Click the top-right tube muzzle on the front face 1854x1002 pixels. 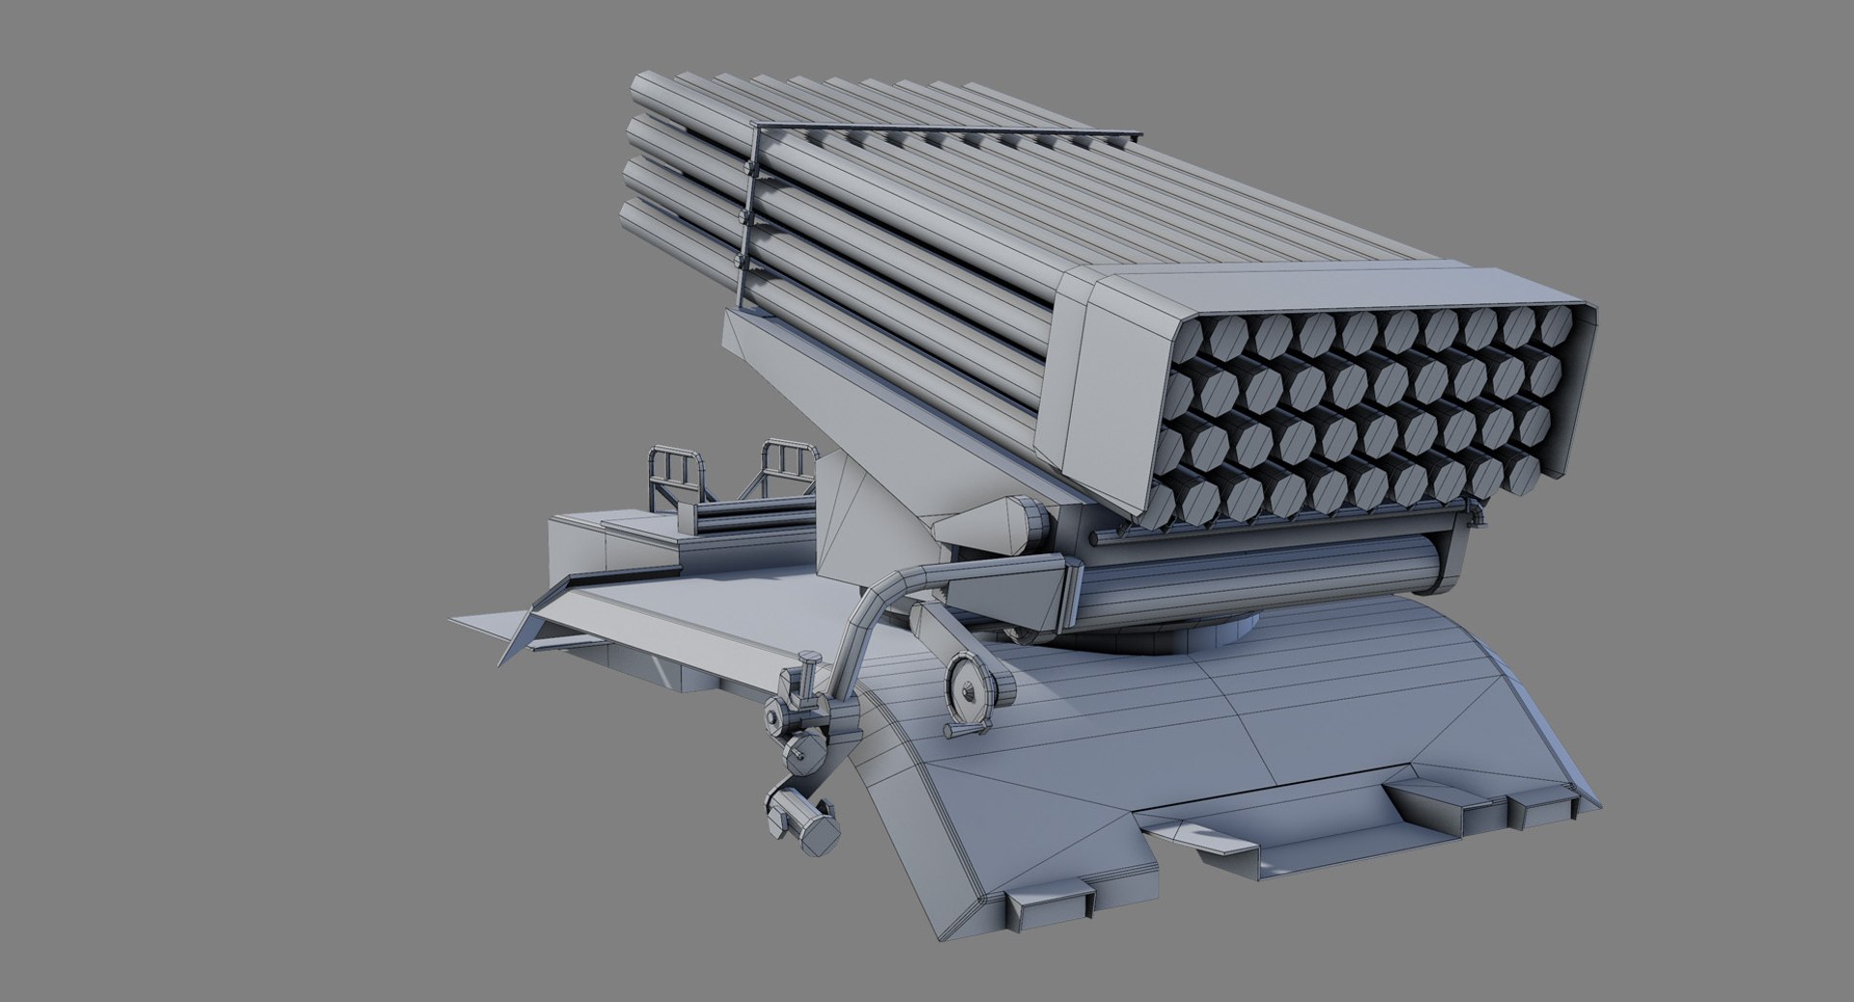tap(1558, 328)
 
